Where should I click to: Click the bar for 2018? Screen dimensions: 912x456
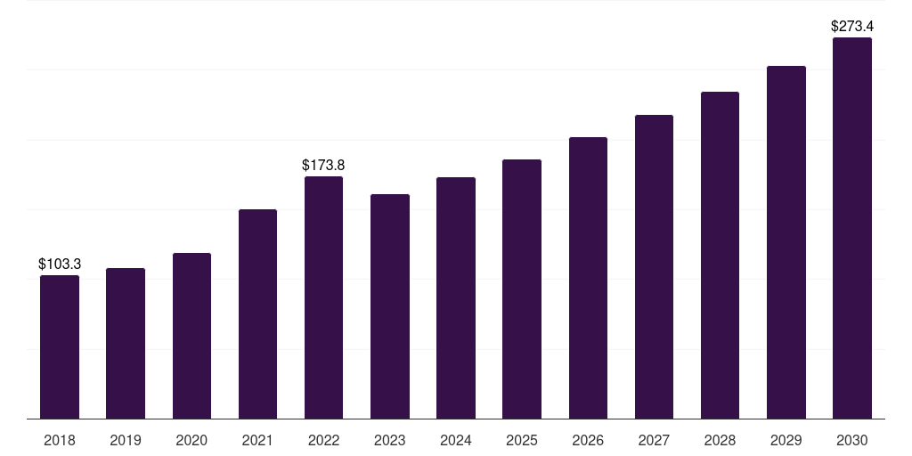pos(60,346)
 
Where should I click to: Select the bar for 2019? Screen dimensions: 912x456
pos(126,343)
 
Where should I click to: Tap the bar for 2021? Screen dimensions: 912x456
pos(257,314)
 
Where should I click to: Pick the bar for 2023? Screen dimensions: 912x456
pos(390,306)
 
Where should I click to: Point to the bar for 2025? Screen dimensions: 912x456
pos(522,289)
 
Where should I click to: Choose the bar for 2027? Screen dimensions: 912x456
pos(654,267)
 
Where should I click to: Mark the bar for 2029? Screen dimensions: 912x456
pos(786,242)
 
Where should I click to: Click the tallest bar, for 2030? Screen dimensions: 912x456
pos(852,228)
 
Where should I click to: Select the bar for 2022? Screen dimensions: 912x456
pos(323,297)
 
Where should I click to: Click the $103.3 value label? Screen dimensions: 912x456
pos(60,264)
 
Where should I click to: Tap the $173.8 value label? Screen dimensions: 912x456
pos(323,165)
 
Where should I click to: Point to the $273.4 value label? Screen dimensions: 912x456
pos(852,26)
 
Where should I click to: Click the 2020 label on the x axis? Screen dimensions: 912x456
pos(191,440)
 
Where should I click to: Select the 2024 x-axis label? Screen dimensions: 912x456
pos(456,440)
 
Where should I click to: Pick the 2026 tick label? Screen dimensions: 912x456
pos(588,440)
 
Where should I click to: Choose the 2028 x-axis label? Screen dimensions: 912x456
pos(720,440)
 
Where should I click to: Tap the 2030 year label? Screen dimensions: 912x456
pos(852,440)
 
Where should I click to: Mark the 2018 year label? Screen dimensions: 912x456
pos(60,440)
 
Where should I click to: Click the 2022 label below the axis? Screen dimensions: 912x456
pos(323,440)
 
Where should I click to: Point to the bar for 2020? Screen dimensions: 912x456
pos(191,336)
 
